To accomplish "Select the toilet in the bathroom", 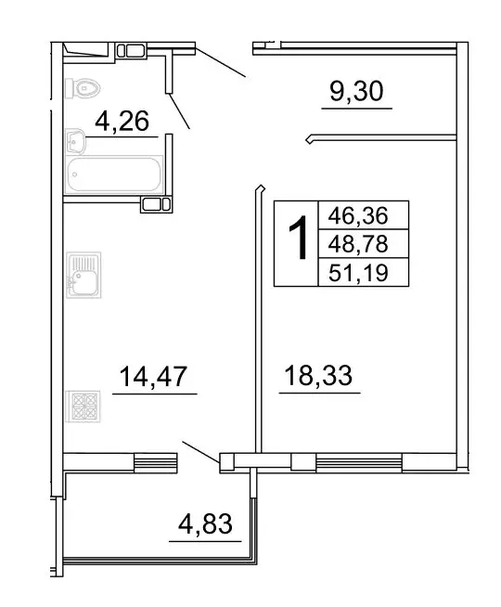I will pos(83,88).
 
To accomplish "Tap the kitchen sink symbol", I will pos(83,275).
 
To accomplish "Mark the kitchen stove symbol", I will pos(83,407).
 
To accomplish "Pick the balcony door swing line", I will pos(200,451).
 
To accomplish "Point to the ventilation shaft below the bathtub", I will pos(154,204).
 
